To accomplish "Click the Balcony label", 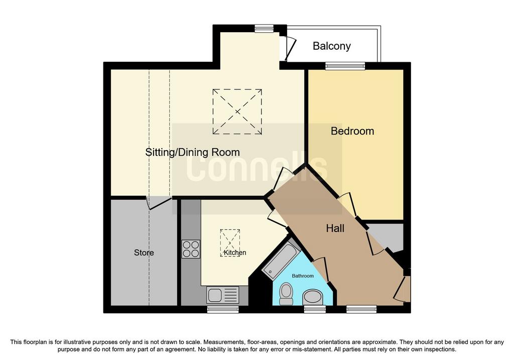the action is [331, 46].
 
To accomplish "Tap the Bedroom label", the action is [352, 131].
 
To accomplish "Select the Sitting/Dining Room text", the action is [192, 153].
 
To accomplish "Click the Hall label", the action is [335, 228].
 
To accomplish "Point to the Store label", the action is [144, 253].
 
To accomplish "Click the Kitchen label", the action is [235, 253].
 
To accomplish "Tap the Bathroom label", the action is [303, 276].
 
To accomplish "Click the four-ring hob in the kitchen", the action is [191, 249].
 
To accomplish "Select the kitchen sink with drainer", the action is [222, 294].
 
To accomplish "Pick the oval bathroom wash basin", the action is [313, 297].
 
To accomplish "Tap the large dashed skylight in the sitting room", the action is [237, 111].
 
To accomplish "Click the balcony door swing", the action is [290, 48].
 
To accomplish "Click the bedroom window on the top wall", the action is [345, 66].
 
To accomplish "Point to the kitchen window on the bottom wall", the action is [223, 309].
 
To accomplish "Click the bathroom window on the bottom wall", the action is [315, 309].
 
